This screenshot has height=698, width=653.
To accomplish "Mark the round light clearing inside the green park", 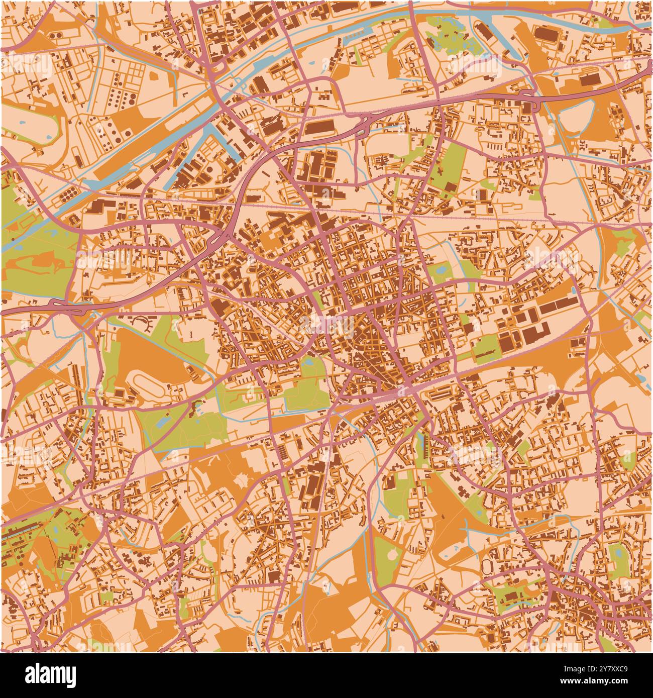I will (391, 556).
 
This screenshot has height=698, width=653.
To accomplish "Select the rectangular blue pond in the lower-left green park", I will (161, 422).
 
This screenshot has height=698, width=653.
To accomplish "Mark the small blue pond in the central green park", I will (307, 361).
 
